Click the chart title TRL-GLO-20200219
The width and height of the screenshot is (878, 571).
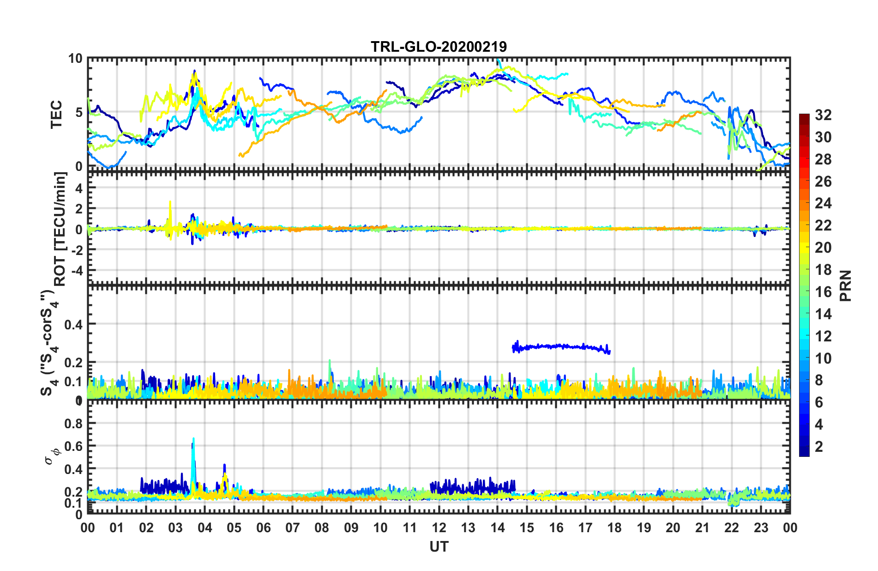[x=439, y=47]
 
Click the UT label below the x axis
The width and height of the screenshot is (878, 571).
[x=439, y=547]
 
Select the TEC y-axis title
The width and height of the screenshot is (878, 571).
[x=56, y=114]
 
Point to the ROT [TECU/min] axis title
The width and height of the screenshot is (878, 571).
[x=60, y=229]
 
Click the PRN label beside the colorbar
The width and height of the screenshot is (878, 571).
[x=845, y=285]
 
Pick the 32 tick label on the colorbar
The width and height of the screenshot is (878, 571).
[x=823, y=115]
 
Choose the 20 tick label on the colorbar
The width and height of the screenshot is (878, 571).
[x=823, y=248]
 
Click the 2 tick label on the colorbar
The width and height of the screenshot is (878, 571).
[x=819, y=446]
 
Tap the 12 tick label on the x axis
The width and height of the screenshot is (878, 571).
[x=439, y=528]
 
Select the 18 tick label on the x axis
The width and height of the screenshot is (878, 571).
[x=614, y=528]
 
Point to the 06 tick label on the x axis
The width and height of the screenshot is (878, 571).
[x=263, y=528]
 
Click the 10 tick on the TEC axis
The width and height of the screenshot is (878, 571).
[x=75, y=59]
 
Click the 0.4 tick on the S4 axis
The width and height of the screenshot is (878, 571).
[x=73, y=324]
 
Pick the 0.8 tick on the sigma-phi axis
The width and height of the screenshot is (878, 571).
[x=73, y=423]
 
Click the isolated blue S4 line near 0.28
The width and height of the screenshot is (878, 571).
[x=561, y=346]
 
